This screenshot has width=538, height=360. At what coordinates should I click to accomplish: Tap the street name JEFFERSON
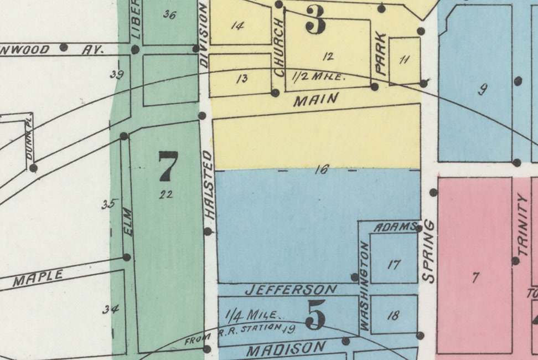coord(291,290)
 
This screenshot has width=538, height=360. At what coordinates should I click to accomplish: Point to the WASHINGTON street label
coord(365,286)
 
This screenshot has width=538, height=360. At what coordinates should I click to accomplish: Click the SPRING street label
coord(430,251)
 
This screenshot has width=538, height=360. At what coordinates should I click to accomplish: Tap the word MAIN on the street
coord(315,100)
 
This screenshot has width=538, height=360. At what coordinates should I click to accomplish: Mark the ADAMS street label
coord(395,227)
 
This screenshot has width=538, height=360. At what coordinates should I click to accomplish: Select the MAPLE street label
coord(38,278)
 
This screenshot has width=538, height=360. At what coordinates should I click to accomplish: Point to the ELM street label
coord(128,222)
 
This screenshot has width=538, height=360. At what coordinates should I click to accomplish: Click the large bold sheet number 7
coord(168,166)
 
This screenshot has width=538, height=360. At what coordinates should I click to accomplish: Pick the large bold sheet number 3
coord(315,21)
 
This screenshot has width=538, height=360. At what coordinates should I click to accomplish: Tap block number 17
coord(394,265)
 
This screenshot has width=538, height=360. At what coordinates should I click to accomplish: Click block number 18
coord(393,316)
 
